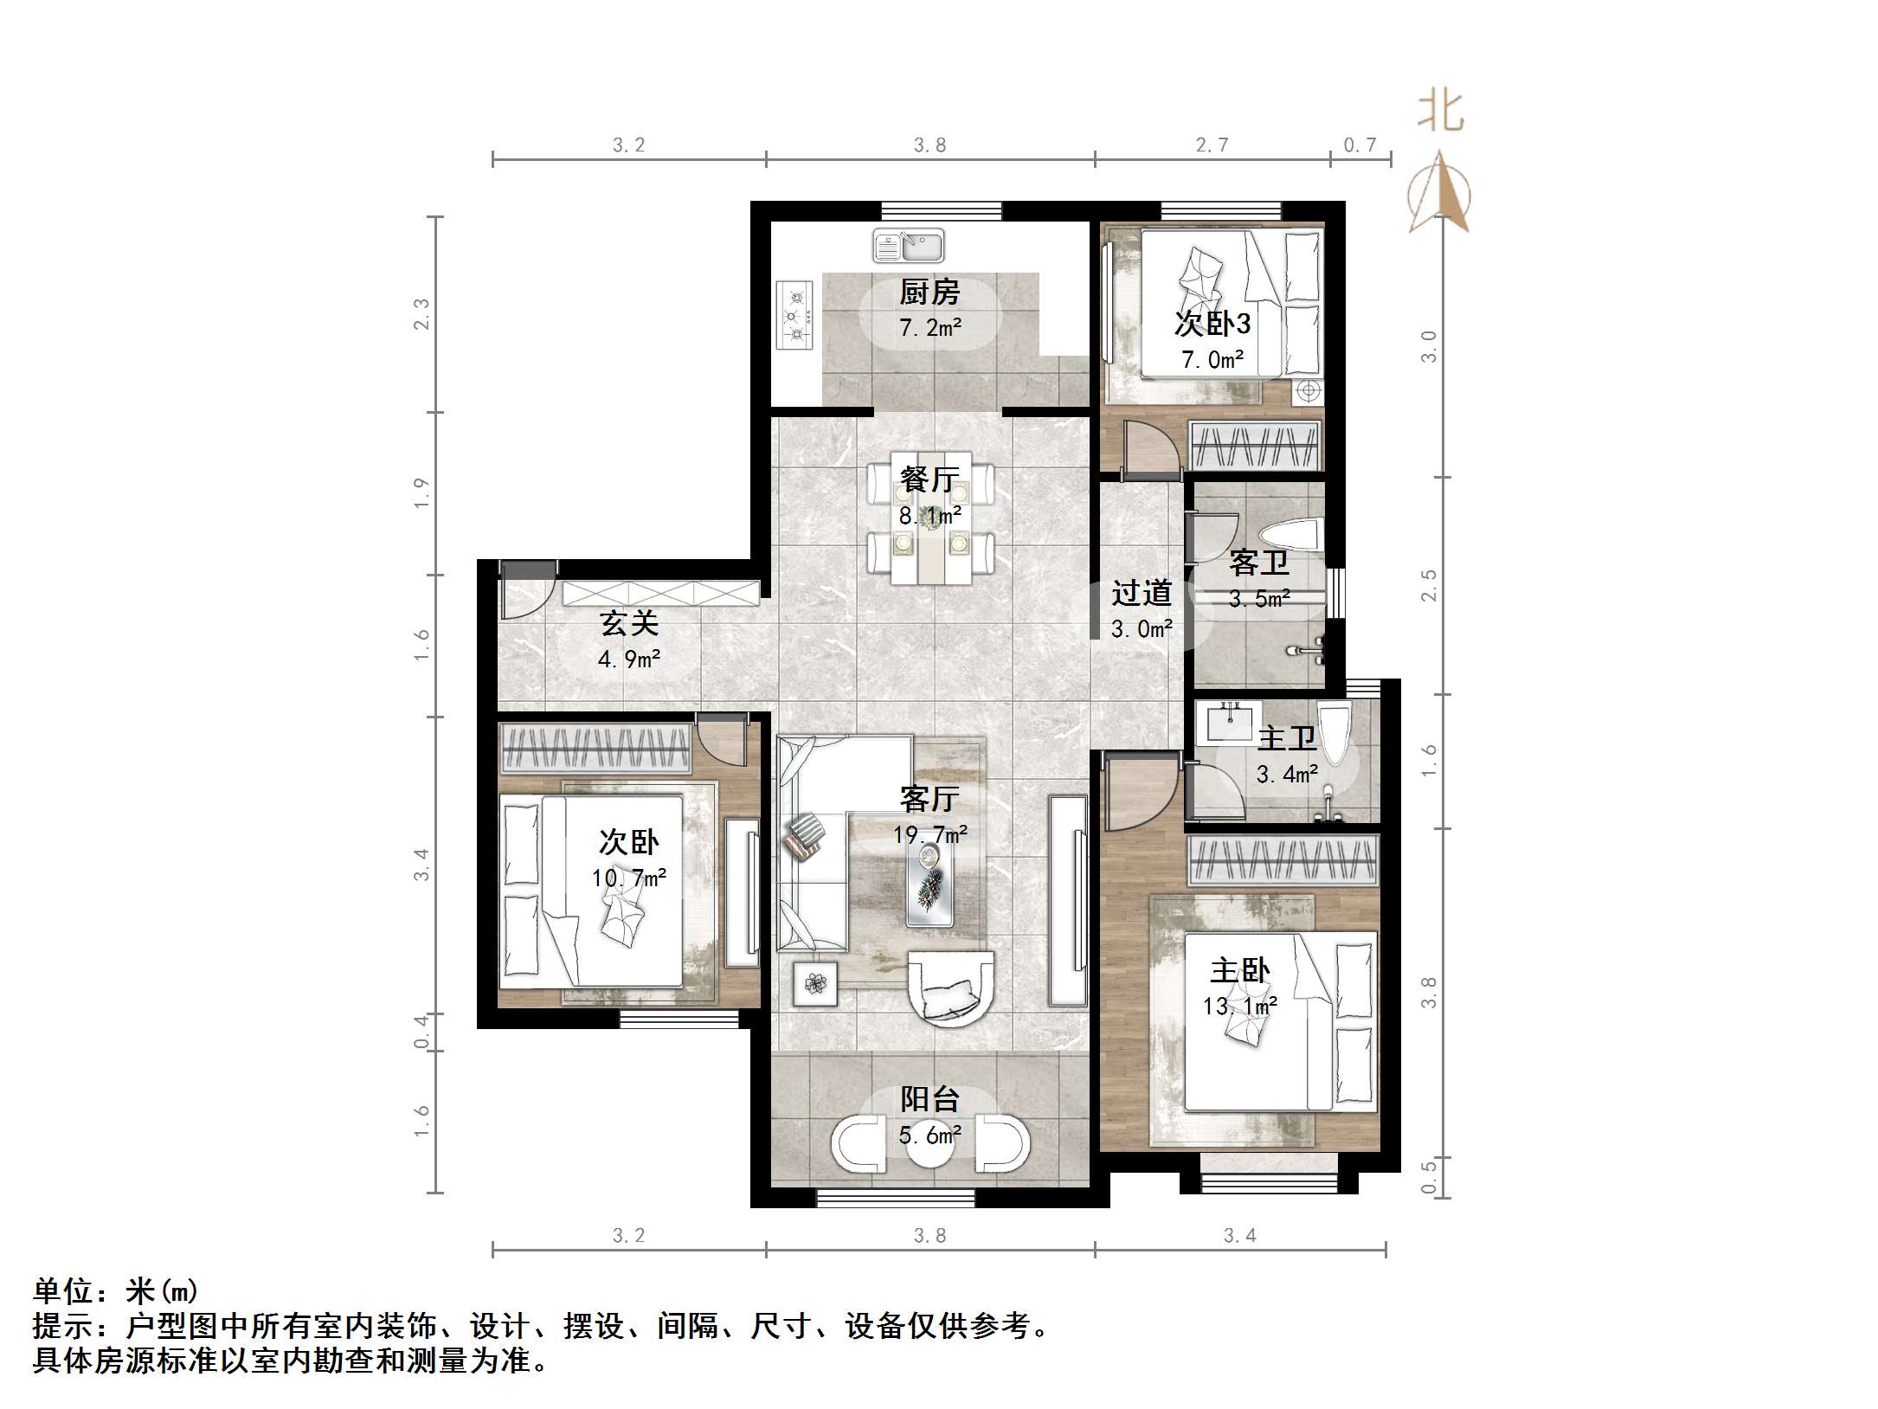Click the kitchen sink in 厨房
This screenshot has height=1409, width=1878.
pos(908,246)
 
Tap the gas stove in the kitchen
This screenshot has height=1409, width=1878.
pos(794,315)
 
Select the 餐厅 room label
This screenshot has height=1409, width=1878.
pos(929,479)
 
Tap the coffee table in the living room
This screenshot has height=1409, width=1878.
pos(930,881)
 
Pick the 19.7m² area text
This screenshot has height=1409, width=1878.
pos(930,835)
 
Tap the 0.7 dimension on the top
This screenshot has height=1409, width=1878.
pos(1360,145)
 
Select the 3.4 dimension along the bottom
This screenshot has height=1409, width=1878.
pos(1239,1235)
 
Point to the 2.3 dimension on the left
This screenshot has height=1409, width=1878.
pos(421,314)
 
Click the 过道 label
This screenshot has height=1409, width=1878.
pos(1142,594)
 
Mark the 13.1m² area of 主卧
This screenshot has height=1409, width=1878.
pos(1239,1007)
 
